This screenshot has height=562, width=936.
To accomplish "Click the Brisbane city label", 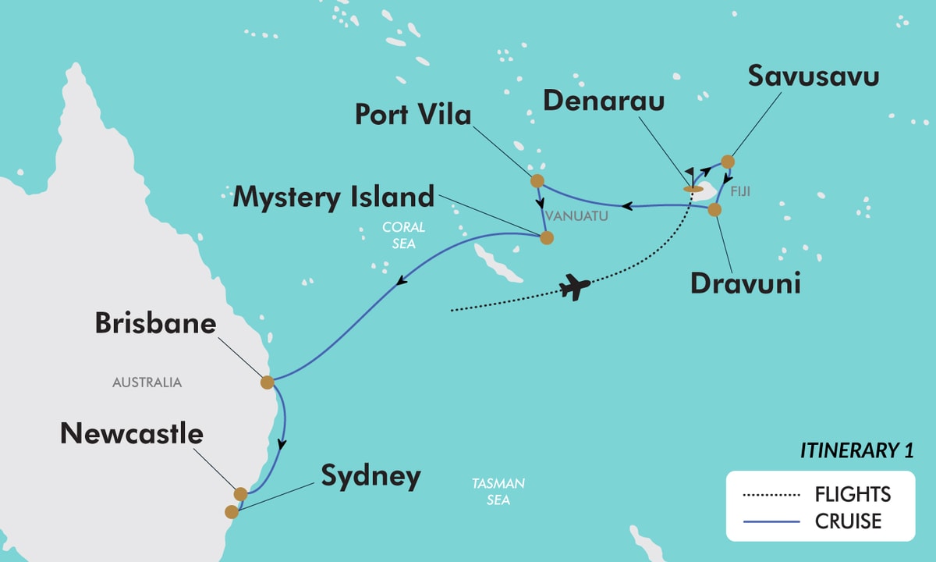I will [x=155, y=323].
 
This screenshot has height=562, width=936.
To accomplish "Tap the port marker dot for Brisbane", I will [x=267, y=382].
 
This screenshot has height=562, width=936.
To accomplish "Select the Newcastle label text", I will [x=132, y=434].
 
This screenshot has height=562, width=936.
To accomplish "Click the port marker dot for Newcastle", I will [x=240, y=494].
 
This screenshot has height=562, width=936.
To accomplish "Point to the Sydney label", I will [x=370, y=475].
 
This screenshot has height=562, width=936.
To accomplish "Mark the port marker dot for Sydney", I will [x=231, y=512].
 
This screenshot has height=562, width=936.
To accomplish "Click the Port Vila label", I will [x=413, y=115].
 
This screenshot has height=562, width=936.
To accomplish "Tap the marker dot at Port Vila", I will [x=537, y=182].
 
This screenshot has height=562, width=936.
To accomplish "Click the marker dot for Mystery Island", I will [x=547, y=238].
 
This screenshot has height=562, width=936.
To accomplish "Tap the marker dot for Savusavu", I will [x=727, y=162].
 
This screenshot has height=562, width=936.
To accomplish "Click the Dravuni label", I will [x=746, y=283].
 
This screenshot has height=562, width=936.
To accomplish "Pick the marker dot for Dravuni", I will [x=714, y=209].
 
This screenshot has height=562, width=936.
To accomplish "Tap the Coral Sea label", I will [x=403, y=235].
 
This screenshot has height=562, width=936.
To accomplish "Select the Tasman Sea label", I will [x=498, y=492].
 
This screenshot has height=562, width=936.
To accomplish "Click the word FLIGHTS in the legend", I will [x=853, y=494].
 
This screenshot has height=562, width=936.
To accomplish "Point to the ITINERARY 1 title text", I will [x=856, y=450].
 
